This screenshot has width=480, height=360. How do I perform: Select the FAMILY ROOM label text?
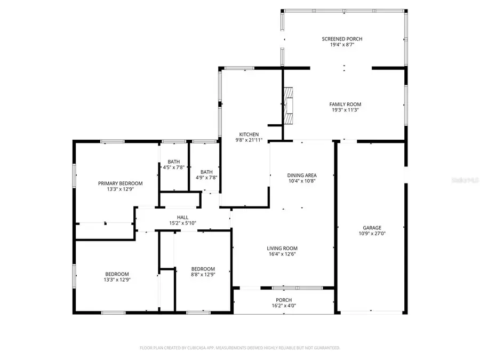[x=345, y=104]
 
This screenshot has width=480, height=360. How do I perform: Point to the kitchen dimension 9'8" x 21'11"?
[x=249, y=141]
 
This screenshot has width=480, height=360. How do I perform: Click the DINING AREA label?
[x=302, y=175]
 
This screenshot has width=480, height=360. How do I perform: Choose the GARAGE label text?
[x=372, y=228]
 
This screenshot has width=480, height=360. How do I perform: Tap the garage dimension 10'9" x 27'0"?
[x=372, y=234]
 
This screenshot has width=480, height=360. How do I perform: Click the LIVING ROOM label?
[x=282, y=248]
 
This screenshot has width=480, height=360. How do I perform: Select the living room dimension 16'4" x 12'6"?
[x=282, y=254]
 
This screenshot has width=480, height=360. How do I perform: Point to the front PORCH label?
[x=283, y=300]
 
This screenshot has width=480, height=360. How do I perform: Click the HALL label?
[x=183, y=217]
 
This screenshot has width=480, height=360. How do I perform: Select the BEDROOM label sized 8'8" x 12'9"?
[x=203, y=269]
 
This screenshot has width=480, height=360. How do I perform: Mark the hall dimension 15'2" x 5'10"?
[x=183, y=223]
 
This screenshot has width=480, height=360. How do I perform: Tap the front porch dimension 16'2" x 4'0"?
[x=283, y=306]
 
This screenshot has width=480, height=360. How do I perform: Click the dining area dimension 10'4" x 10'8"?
[x=302, y=181]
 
